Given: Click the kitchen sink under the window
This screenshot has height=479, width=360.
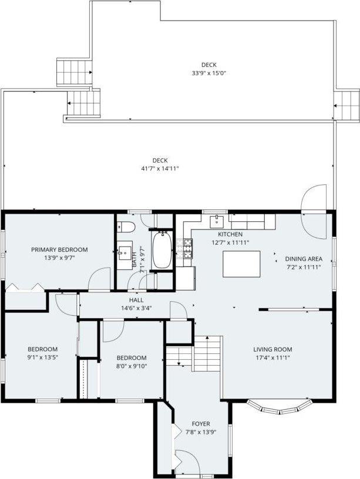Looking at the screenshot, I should click(217, 221).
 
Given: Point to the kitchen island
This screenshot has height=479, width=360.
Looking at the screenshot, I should click(241, 264).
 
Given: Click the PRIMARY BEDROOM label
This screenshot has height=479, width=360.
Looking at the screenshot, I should click(59, 249).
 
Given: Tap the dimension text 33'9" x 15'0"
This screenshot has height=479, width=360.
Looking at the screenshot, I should click(208, 73).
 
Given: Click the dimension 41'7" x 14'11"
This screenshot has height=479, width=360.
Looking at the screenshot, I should click(160, 168).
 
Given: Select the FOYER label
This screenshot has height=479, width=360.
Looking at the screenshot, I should click(201, 424).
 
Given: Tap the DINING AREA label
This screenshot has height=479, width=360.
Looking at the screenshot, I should click(303, 259).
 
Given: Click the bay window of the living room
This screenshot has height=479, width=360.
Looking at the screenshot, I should click(278, 405).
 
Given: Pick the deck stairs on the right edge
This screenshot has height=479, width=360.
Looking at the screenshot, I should click(347, 105).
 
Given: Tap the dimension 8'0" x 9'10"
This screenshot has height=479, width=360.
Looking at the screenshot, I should click(130, 366).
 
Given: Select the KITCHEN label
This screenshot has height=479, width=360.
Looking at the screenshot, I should click(230, 234).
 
